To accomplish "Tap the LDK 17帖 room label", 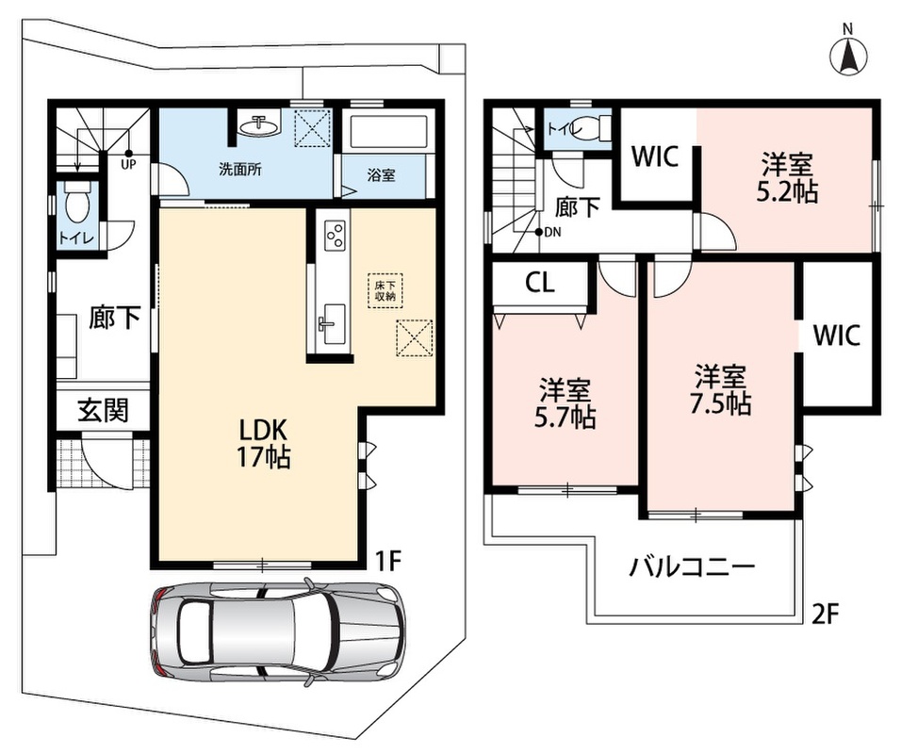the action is click(x=264, y=443).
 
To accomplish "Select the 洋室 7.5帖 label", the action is click(x=721, y=390).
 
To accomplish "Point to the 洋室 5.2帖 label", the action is click(x=787, y=177).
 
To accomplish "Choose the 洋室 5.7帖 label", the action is click(x=565, y=403).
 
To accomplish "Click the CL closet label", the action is click(x=540, y=282).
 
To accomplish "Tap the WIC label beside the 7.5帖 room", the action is click(x=837, y=335).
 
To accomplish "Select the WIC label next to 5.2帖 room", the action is click(x=655, y=156).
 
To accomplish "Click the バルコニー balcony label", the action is click(x=691, y=567).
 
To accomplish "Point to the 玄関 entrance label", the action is click(x=104, y=410).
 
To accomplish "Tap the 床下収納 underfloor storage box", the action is click(x=385, y=291).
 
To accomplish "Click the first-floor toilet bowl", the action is click(x=76, y=204).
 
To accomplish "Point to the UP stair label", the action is click(x=127, y=164).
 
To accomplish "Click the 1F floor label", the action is click(x=387, y=562).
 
